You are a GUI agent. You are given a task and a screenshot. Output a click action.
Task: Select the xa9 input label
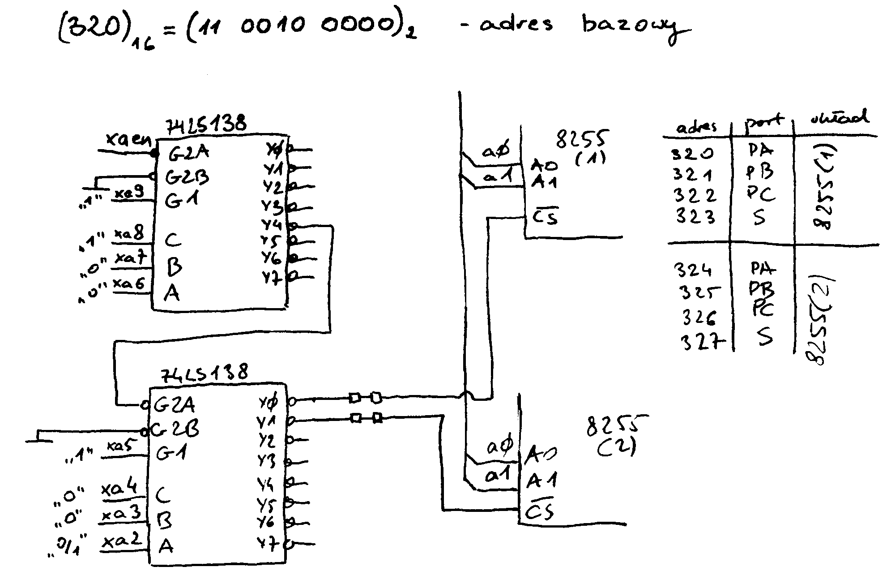pos(129,193)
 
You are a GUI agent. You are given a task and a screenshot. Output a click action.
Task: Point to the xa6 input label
pos(130,284)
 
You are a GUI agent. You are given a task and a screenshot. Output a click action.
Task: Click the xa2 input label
pos(119,541)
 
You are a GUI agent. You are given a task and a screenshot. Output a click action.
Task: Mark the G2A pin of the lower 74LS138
pos(175,405)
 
